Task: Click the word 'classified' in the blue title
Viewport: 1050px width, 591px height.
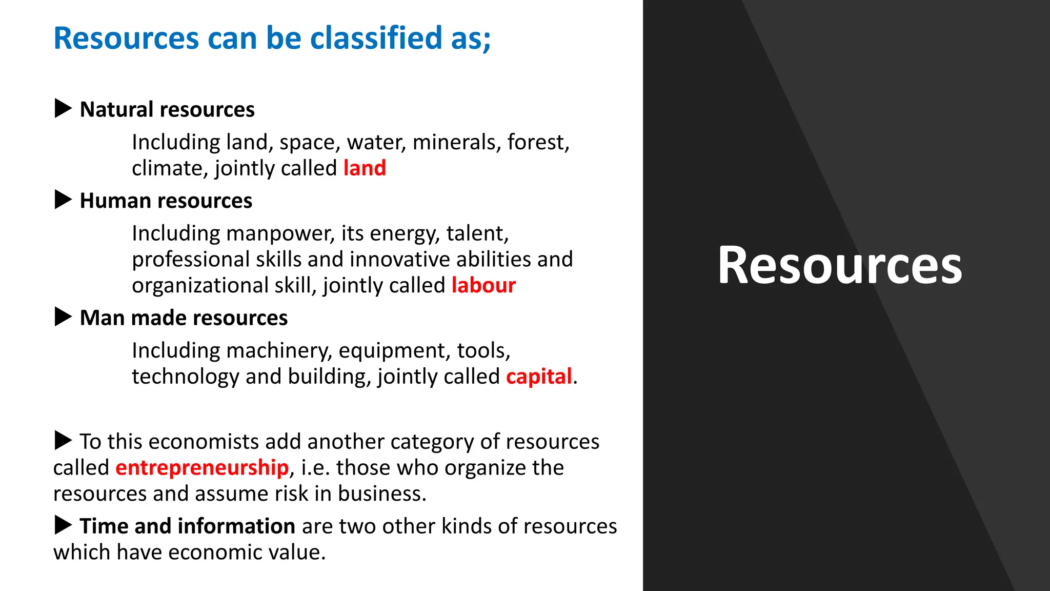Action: click(376, 38)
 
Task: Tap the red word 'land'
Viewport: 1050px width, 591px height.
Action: click(365, 168)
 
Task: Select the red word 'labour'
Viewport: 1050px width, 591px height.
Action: click(483, 285)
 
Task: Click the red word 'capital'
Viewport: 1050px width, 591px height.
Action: click(539, 377)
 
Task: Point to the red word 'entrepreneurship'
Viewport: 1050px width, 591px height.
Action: click(202, 468)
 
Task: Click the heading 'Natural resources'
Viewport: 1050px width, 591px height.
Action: click(167, 110)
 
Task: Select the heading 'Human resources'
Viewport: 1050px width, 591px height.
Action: click(166, 201)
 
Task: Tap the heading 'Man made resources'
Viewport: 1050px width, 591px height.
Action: click(184, 318)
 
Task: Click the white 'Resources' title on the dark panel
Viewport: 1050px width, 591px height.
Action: click(840, 265)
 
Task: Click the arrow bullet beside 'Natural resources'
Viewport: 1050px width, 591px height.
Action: click(63, 109)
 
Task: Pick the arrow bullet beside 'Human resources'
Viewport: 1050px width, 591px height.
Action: click(63, 200)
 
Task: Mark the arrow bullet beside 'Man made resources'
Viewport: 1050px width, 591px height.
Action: click(63, 317)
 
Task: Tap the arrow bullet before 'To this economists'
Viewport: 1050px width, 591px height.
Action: click(63, 440)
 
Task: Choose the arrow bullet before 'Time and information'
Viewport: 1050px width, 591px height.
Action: click(63, 525)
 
